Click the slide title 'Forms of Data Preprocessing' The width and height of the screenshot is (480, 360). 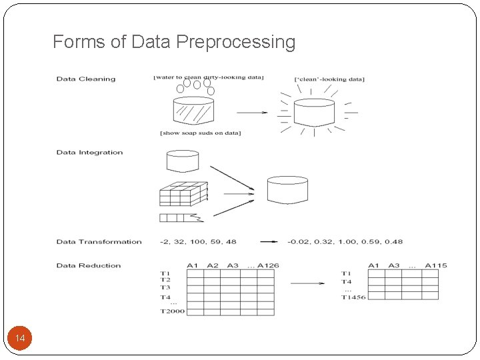point(174,42)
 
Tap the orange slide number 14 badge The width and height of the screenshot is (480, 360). point(20,339)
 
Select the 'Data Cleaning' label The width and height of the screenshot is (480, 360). point(86,79)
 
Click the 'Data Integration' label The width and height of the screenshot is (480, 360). point(89,153)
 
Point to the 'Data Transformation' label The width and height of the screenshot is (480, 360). point(99,242)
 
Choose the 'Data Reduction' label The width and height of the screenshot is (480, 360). point(89,266)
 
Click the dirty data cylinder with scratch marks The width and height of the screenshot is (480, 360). point(193,111)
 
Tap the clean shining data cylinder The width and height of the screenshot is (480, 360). point(313,112)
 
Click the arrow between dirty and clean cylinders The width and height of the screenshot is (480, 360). point(252,112)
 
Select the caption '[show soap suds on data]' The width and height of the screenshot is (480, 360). point(201,133)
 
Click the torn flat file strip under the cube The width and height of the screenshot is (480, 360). point(180,217)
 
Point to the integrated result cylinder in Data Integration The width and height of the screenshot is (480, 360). point(287,189)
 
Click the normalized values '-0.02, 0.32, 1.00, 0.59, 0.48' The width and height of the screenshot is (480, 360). point(345,242)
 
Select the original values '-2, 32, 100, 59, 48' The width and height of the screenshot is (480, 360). point(198,242)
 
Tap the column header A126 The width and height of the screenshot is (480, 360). point(268,266)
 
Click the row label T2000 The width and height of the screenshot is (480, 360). point(172,311)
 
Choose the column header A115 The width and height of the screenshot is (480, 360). point(435,266)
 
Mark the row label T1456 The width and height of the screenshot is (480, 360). point(353,297)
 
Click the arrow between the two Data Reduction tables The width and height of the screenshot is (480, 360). point(307,283)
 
